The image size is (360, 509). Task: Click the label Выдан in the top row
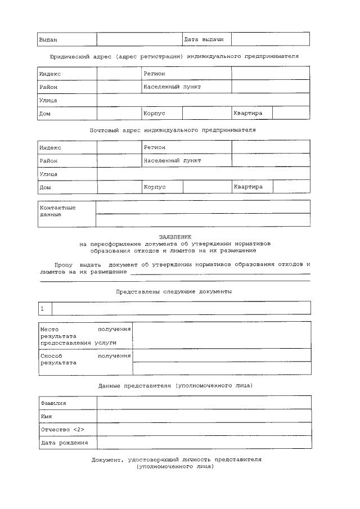48,40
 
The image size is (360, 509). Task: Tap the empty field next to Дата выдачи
270,39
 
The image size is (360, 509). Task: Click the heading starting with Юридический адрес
174,57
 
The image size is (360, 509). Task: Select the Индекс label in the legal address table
50,74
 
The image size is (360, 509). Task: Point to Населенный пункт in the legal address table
172,87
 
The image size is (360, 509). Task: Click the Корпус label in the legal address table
154,113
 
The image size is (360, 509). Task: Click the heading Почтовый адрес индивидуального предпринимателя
173,130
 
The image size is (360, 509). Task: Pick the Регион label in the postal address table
155,147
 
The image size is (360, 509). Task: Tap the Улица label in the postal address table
48,174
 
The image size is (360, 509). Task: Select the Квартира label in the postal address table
248,186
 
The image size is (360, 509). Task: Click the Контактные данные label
57,211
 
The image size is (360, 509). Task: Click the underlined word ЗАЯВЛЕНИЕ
175,237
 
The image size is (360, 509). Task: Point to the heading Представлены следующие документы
174,292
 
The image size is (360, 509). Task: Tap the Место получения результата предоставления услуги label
85,335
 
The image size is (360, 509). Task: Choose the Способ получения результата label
85,359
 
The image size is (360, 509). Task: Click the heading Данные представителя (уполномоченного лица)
175,385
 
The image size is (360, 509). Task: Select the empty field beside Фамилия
204,403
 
